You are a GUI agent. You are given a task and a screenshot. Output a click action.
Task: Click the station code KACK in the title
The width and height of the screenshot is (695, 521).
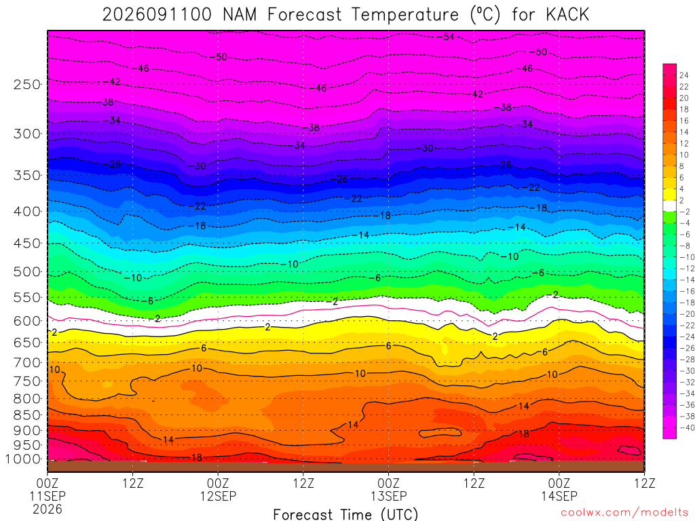tap(567, 15)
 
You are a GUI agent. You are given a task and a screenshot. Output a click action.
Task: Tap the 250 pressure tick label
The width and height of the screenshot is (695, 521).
tap(27, 84)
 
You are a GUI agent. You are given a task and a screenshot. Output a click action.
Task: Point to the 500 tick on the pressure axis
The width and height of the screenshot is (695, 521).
tap(27, 271)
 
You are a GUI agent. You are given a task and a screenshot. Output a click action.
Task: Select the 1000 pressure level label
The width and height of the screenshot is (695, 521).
tap(24, 459)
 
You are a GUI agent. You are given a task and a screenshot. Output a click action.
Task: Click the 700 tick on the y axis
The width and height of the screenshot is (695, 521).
tap(27, 362)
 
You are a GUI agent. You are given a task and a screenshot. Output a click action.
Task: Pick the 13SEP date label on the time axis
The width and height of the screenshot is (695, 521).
tap(389, 496)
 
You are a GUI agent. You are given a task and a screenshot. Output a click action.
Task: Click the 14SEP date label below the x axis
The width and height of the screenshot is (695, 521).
tap(559, 496)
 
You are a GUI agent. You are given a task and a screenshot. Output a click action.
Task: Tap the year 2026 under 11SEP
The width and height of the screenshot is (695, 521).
tap(48, 509)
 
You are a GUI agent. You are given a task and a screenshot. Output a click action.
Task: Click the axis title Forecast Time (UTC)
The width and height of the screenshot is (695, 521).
tap(345, 514)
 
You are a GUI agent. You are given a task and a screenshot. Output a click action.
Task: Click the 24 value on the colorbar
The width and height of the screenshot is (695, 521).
tap(684, 75)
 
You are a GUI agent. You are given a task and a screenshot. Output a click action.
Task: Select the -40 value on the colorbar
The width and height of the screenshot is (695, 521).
tap(687, 427)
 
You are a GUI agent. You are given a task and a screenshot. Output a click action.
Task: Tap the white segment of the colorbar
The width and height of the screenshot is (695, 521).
tap(670, 206)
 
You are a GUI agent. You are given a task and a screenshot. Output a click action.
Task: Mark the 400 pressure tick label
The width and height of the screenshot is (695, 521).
tap(27, 212)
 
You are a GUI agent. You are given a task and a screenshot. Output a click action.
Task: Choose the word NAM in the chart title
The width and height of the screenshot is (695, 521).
tap(240, 15)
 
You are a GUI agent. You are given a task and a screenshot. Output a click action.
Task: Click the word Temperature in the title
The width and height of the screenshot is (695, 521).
tap(405, 15)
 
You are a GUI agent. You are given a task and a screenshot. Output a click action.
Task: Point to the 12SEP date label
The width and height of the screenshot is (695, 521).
tap(218, 496)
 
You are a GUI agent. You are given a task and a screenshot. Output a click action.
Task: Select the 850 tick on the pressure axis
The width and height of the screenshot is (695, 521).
tap(27, 415)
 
